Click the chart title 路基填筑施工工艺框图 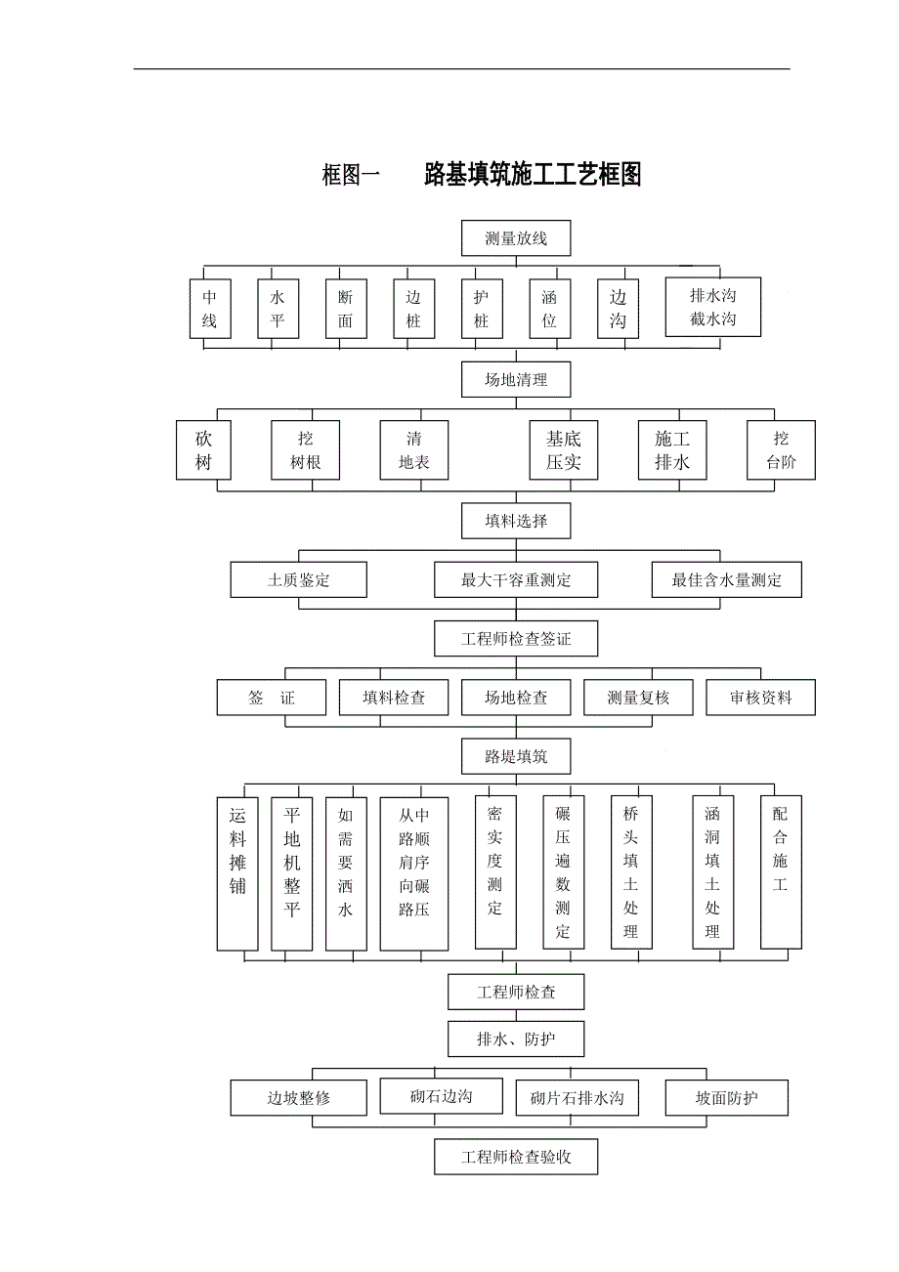tap(533, 175)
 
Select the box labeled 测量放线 tap(516, 238)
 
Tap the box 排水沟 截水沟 tap(712, 308)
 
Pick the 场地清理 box tap(516, 380)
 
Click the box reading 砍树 tap(203, 450)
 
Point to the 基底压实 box tap(563, 450)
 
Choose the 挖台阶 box tap(781, 450)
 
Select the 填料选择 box tap(516, 521)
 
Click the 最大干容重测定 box tap(516, 580)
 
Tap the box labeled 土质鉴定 tap(299, 580)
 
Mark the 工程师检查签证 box tap(516, 640)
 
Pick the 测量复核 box tap(638, 698)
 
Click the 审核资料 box tap(760, 698)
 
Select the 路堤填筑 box tap(516, 755)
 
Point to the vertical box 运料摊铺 tap(237, 873)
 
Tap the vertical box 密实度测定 tap(495, 871)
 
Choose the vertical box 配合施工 tap(781, 871)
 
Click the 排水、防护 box tap(516, 1039)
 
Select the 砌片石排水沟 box tap(577, 1098)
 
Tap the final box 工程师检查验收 tap(516, 1158)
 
